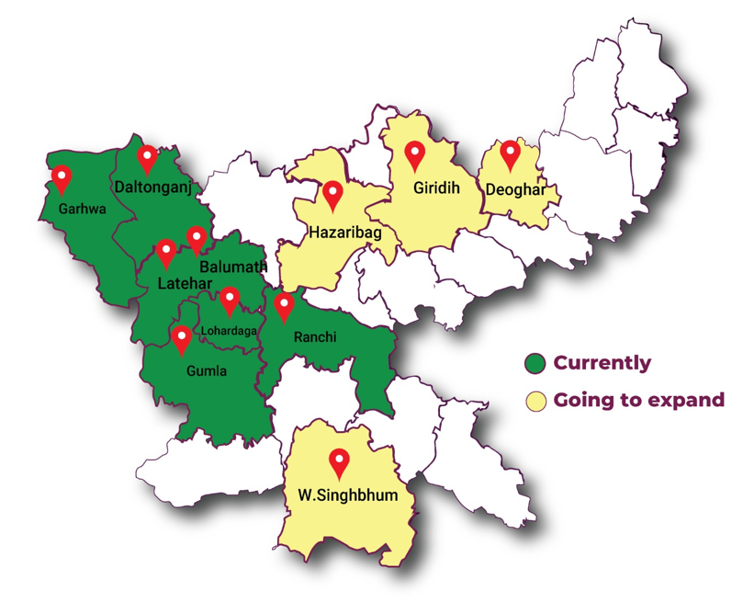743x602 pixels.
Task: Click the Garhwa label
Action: coord(83,209)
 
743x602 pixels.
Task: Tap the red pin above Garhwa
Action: coord(62,176)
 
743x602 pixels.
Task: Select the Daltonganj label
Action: coord(152,187)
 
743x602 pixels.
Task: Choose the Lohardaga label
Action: coord(229,329)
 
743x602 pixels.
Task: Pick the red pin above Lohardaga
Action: coord(230,300)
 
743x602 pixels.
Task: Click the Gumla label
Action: coord(205,371)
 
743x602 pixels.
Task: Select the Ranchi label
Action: coord(314,337)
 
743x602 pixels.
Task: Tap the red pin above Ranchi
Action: coord(285,305)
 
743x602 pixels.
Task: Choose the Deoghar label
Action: coord(521,190)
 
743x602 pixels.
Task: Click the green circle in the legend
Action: coord(535,362)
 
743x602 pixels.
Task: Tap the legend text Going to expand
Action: coord(638,400)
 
